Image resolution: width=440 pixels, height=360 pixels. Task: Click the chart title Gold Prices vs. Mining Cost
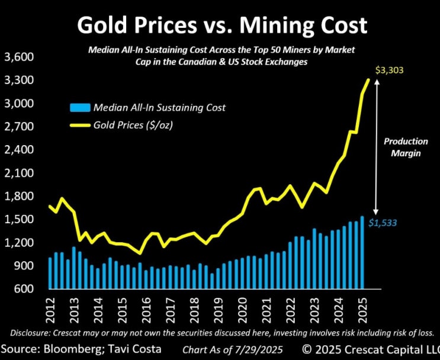pyautogui.click(x=222, y=25)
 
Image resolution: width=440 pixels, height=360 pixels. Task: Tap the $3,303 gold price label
pyautogui.click(x=389, y=70)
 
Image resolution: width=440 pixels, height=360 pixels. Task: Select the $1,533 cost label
pyautogui.click(x=383, y=223)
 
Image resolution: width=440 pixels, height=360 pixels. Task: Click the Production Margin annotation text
pyautogui.click(x=406, y=147)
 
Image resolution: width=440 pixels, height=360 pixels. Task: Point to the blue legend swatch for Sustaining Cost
pyautogui.click(x=81, y=107)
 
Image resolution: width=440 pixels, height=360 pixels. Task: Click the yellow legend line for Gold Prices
pyautogui.click(x=81, y=126)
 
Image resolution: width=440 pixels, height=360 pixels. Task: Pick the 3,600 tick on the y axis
pyautogui.click(x=19, y=57)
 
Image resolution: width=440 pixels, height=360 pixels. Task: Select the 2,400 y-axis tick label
pyautogui.click(x=19, y=150)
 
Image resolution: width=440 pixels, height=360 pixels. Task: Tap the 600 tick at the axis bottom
pyautogui.click(x=24, y=288)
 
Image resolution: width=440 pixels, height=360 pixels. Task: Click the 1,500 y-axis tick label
pyautogui.click(x=19, y=219)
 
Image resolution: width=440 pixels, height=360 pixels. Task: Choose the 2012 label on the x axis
pyautogui.click(x=52, y=310)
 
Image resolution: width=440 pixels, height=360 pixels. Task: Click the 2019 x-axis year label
pyautogui.click(x=219, y=310)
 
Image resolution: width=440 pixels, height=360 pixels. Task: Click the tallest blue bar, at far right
pyautogui.click(x=362, y=253)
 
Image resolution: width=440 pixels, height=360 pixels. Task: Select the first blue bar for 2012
pyautogui.click(x=50, y=274)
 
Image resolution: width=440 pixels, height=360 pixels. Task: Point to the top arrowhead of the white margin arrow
pyautogui.click(x=377, y=82)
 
